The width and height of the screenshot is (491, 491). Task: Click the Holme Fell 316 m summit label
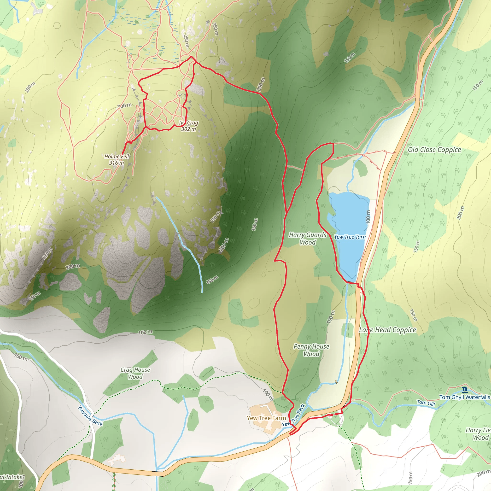pos(117,160)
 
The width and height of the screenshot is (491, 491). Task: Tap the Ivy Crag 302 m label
pos(189,126)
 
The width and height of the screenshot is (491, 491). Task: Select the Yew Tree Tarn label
pos(350,237)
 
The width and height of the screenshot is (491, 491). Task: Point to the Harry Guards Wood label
pos(308,239)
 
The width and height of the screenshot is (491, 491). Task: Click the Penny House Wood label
pos(311,350)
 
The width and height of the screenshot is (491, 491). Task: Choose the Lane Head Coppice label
pos(388,330)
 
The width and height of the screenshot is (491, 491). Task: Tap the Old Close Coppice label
pos(434,150)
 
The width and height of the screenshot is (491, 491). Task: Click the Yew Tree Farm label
pos(266,418)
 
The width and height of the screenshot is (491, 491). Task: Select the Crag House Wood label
pos(135,373)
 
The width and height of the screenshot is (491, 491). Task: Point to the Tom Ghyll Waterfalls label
pos(465,397)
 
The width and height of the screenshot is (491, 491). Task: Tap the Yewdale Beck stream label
pos(90,416)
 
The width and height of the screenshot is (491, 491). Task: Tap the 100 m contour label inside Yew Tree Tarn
pos(368,217)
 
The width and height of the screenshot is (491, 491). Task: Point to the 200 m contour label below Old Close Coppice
pos(460,213)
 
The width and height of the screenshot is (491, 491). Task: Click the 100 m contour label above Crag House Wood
pos(145,332)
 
